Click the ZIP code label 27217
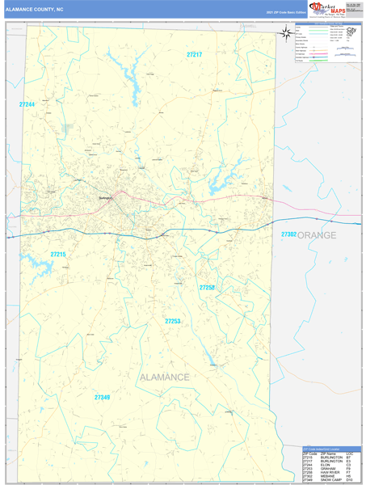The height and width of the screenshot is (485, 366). (194, 54)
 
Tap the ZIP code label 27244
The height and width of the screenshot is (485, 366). (27, 104)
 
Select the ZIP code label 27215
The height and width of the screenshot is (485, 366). (58, 255)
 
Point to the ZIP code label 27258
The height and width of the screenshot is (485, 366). (208, 287)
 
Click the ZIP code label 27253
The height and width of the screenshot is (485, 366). (172, 321)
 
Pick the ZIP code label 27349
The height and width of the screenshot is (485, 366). (102, 397)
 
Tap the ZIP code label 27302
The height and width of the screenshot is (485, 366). (288, 234)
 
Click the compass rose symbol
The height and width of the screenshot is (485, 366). (286, 33)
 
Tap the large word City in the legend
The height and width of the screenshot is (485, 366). (352, 29)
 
